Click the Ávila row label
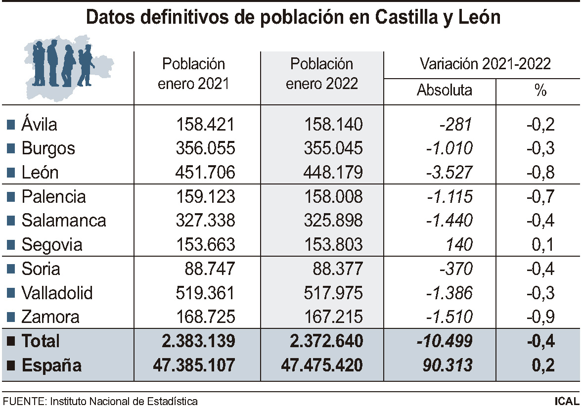(39, 124)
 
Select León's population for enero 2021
(205, 173)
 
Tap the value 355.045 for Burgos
(334, 148)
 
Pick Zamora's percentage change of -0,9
(540, 317)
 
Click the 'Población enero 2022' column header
(322, 74)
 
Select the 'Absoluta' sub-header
(444, 91)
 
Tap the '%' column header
(540, 91)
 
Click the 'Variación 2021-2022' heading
(485, 64)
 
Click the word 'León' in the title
(474, 17)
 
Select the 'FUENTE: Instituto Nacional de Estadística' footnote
(100, 401)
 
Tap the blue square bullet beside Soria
(11, 270)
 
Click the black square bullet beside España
(11, 366)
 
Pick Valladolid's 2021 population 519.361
(205, 293)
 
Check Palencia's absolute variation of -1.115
(449, 197)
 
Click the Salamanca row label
(63, 221)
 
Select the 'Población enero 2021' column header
(194, 74)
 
